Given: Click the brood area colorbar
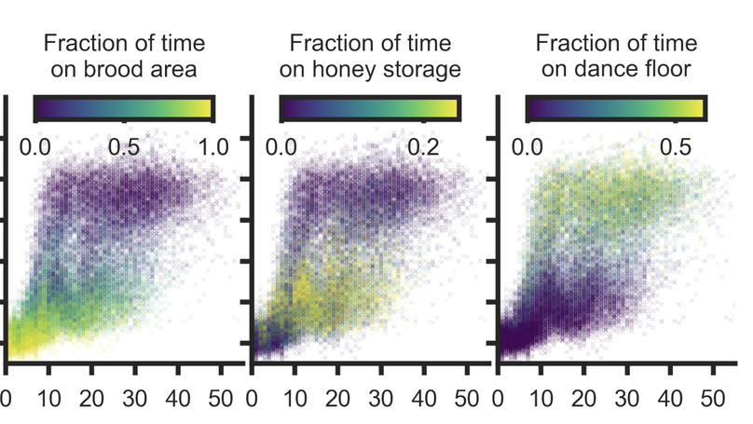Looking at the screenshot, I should point(124,108).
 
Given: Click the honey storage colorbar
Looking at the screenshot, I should point(370,108).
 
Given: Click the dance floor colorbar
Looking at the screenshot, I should point(616,108).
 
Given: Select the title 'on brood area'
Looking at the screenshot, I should point(124,70).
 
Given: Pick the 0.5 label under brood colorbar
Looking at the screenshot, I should point(124,147).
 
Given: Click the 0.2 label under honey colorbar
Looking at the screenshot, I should point(422,147).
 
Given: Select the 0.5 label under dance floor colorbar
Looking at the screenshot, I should point(676,147).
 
